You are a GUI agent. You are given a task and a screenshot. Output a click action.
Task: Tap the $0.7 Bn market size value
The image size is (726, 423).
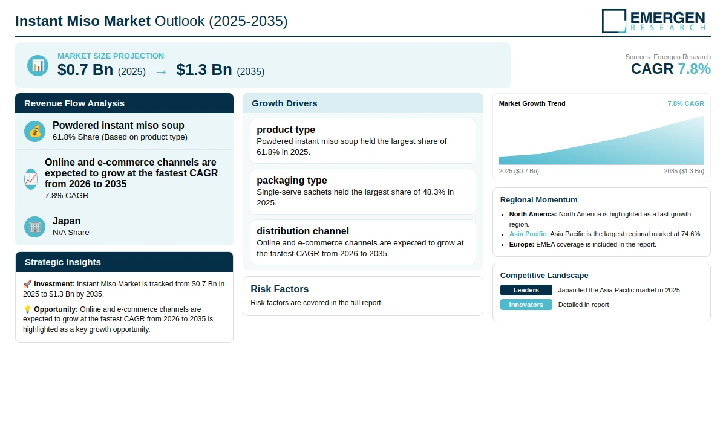[85, 69]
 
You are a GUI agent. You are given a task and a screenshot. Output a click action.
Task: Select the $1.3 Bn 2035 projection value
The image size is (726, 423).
[204, 69]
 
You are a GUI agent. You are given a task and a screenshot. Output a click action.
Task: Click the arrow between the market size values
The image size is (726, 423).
[161, 72]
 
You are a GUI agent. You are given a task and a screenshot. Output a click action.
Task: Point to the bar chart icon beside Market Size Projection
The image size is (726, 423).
[38, 66]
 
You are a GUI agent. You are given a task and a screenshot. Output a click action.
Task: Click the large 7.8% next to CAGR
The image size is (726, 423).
[695, 69]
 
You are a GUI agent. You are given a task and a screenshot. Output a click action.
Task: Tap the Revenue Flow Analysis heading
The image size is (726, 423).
[74, 103]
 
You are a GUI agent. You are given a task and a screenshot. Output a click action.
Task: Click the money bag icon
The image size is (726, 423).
[34, 131]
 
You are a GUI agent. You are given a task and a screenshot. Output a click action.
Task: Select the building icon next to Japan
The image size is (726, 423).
[34, 227]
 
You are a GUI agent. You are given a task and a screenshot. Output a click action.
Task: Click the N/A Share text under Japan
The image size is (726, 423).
[71, 233]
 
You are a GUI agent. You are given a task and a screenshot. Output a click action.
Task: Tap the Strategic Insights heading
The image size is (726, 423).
[63, 262]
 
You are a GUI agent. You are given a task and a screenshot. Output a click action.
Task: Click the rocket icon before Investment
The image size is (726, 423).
[27, 284]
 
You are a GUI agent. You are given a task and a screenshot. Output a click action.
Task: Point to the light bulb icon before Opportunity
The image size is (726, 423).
[27, 309]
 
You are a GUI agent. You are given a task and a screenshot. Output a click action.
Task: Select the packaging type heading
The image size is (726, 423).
[292, 180]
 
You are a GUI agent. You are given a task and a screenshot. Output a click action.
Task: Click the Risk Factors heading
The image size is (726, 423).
[280, 289]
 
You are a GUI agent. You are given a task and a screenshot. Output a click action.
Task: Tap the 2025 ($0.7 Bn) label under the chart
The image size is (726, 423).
[519, 171]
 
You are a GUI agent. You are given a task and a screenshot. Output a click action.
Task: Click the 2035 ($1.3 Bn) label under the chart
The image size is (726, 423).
[684, 171]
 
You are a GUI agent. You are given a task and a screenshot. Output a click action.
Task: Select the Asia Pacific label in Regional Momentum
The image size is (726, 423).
[529, 234]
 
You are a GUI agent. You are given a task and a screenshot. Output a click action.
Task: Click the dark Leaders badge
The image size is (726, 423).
[526, 290]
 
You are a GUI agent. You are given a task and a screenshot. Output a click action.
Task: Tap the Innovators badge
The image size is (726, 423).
[526, 305]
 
